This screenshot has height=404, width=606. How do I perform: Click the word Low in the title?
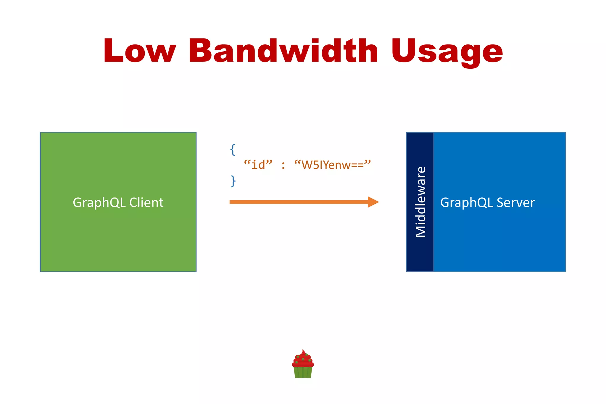click(139, 51)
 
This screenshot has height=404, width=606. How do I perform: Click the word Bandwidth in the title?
click(283, 51)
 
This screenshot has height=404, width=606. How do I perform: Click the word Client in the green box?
click(146, 203)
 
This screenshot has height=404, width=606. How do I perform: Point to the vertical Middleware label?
click(420, 202)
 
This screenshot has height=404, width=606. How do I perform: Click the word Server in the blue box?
click(515, 203)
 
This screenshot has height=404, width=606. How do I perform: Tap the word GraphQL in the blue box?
click(467, 203)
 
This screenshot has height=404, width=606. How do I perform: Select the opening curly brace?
click(233, 150)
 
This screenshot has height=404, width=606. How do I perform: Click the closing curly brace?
click(233, 181)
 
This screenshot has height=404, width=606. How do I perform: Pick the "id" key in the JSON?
click(258, 165)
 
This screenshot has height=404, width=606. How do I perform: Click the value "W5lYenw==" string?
click(332, 165)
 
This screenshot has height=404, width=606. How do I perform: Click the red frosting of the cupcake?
click(303, 359)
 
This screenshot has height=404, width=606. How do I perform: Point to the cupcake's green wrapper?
click(303, 372)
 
